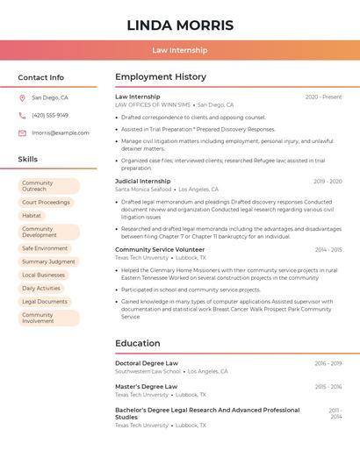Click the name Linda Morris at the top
pyautogui.click(x=179, y=25)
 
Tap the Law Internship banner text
pyautogui.click(x=179, y=50)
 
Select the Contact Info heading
pyautogui.click(x=41, y=77)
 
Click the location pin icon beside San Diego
pyautogui.click(x=22, y=98)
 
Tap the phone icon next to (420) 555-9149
pyautogui.click(x=22, y=115)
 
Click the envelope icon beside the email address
pyautogui.click(x=22, y=133)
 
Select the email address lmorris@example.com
pyautogui.click(x=61, y=133)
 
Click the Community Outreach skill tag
pyautogui.click(x=48, y=186)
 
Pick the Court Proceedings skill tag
pyautogui.click(x=46, y=203)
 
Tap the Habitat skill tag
pyautogui.click(x=32, y=216)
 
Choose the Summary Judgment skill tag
pyautogui.click(x=48, y=261)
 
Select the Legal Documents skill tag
pyautogui.click(x=45, y=301)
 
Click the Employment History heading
pyautogui.click(x=161, y=77)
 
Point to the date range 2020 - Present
pyautogui.click(x=323, y=97)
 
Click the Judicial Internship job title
pyautogui.click(x=143, y=181)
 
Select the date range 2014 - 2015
pyautogui.click(x=328, y=249)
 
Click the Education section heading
pyautogui.click(x=137, y=343)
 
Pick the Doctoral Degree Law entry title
pyautogui.click(x=147, y=363)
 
